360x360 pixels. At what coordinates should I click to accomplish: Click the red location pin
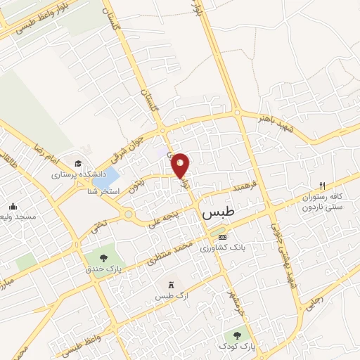click(181, 165)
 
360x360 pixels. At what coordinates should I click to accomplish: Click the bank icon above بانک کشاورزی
click(223, 237)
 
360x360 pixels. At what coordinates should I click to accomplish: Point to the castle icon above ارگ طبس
click(169, 284)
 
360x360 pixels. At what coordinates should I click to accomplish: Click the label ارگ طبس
click(169, 296)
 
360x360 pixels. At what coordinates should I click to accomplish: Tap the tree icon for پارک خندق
click(104, 258)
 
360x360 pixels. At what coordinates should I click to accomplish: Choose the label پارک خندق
click(105, 270)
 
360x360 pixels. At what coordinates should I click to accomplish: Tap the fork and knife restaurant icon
click(322, 186)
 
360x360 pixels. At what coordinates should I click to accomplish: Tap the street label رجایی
click(314, 300)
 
